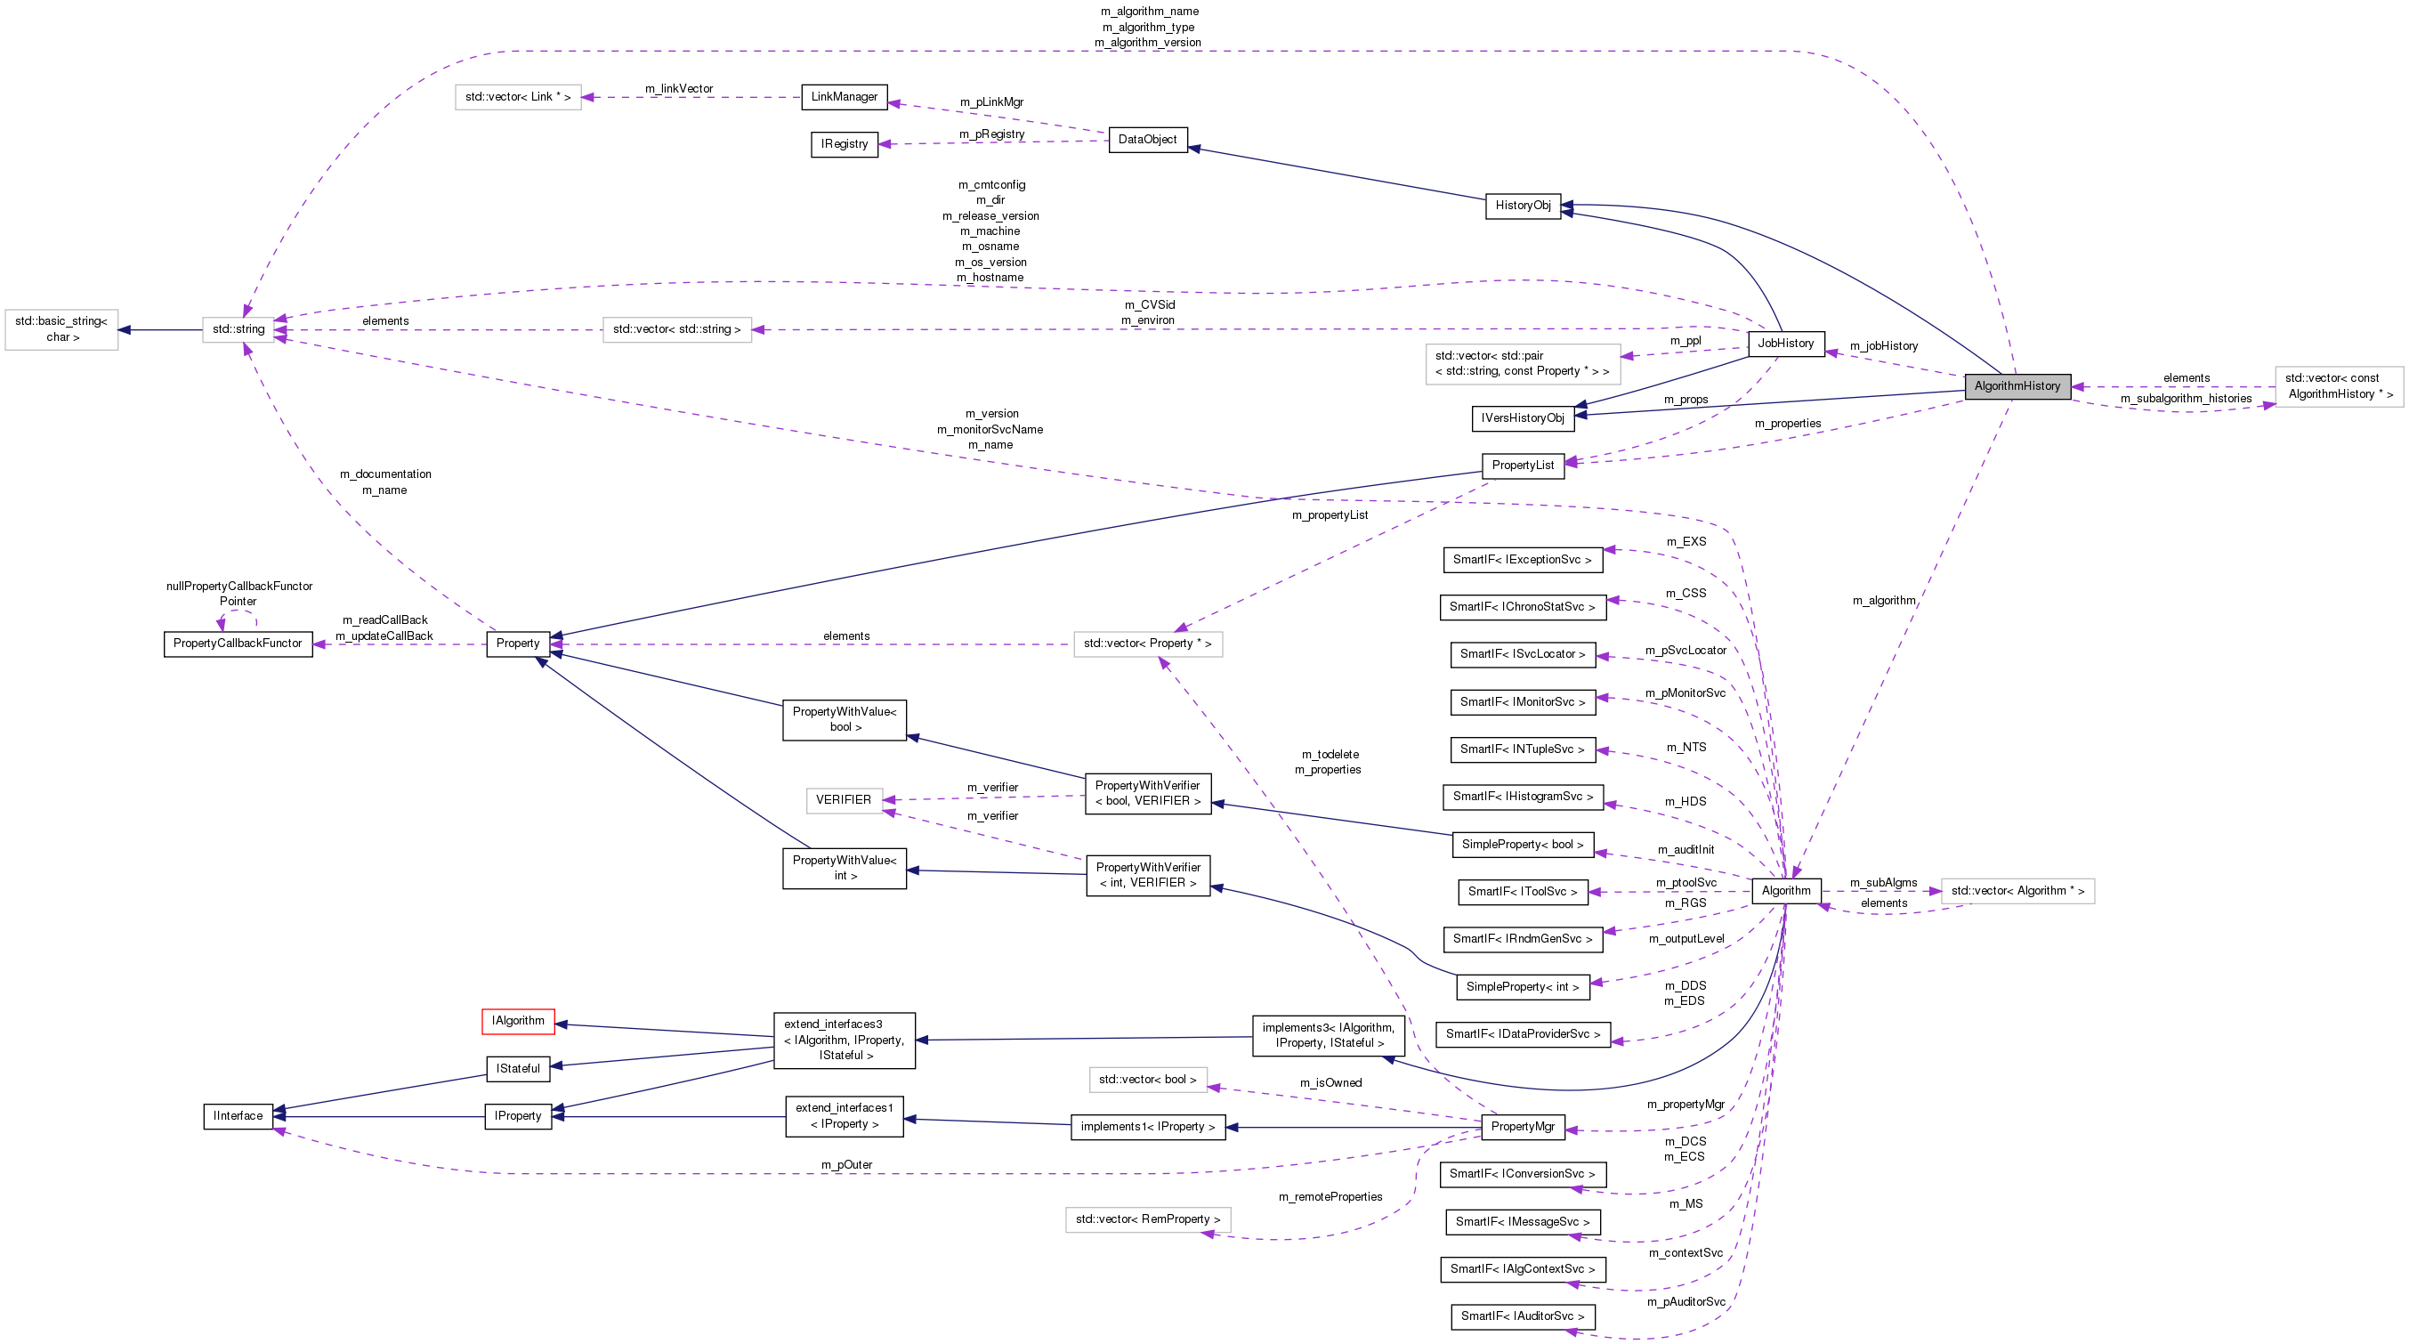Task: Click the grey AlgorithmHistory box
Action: (2017, 386)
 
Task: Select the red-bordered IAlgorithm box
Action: (518, 1020)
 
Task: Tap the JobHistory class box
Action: (1785, 344)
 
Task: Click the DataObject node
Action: (1147, 140)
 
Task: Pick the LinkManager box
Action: (844, 97)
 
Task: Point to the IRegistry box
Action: (844, 144)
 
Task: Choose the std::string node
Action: (238, 329)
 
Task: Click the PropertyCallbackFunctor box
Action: (238, 644)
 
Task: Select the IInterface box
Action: (238, 1116)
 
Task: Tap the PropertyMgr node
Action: (1523, 1127)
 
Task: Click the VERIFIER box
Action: (844, 799)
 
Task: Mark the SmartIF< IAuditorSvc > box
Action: (1523, 1316)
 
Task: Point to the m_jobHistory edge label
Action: (1883, 346)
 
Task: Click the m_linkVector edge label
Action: (679, 89)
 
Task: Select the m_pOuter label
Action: (846, 1164)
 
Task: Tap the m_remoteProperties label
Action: (1330, 1197)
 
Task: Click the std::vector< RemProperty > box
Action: (1147, 1219)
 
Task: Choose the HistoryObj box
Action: (1523, 206)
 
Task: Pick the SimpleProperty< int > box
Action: (1523, 987)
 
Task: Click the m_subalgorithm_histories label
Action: (2186, 399)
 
